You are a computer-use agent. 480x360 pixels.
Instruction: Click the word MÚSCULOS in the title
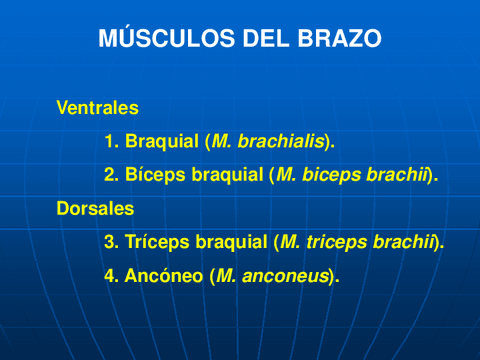[158, 40]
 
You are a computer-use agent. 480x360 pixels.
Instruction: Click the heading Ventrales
[97, 107]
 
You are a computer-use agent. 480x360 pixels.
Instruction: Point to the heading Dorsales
[95, 209]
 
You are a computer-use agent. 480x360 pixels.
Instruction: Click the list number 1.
[111, 142]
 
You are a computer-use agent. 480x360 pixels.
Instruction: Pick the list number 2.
[111, 175]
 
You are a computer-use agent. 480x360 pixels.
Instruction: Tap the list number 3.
[111, 242]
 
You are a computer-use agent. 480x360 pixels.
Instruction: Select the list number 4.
[111, 275]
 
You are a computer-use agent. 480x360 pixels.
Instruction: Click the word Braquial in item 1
[162, 142]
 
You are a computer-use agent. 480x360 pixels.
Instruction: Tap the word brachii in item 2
[401, 175]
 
